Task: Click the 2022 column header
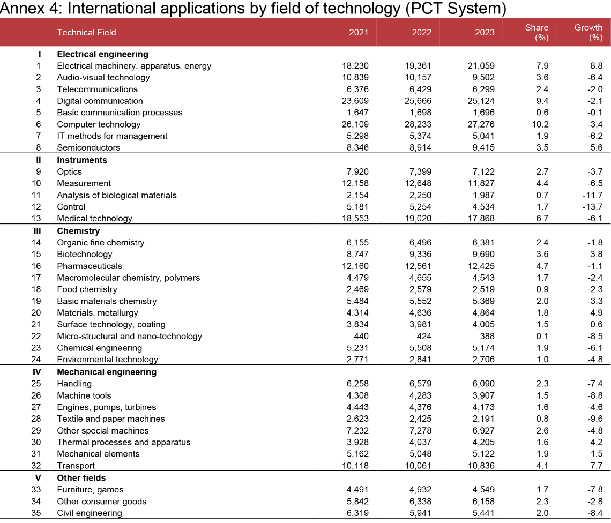click(x=422, y=32)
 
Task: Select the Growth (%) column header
click(x=588, y=32)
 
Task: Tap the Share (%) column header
click(x=537, y=32)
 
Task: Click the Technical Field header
click(x=86, y=32)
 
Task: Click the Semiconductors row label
click(x=88, y=148)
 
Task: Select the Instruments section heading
click(x=82, y=160)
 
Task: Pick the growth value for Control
click(x=593, y=207)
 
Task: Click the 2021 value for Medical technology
click(x=355, y=218)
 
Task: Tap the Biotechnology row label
click(x=85, y=254)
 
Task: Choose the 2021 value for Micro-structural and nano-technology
click(x=362, y=337)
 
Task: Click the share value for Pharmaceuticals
click(x=542, y=266)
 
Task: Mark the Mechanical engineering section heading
click(x=107, y=372)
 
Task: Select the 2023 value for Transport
click(x=481, y=466)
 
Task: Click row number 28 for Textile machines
click(x=36, y=419)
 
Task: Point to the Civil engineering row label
click(x=89, y=513)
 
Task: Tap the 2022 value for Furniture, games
click(x=420, y=489)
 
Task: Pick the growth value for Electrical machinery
click(x=597, y=66)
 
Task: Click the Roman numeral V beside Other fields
click(x=38, y=478)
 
